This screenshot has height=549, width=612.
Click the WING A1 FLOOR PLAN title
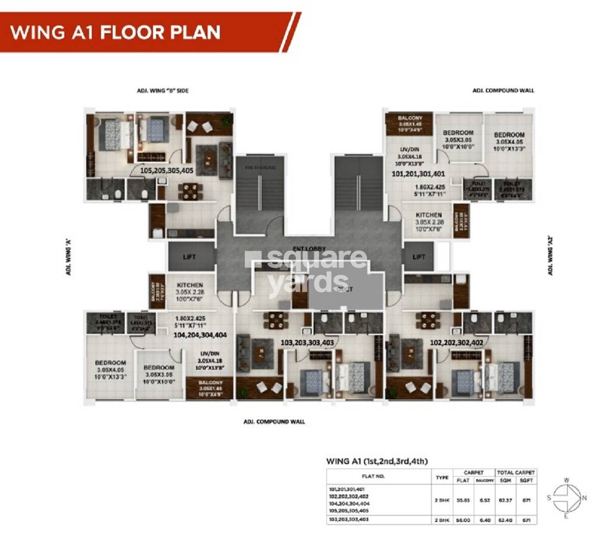point(115,32)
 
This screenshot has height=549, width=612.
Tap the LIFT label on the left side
point(189,257)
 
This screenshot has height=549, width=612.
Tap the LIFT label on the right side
point(419,257)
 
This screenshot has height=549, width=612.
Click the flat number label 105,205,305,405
point(167,171)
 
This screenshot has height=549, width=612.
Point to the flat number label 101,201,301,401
point(418,174)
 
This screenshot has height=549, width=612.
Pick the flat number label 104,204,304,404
point(200,335)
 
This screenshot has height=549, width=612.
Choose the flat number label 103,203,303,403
point(307,343)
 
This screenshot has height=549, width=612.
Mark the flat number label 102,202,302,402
point(456,343)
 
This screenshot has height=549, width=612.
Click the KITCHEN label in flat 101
point(428,215)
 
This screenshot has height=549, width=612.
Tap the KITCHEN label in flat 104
point(190,285)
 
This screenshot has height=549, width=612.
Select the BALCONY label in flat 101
point(410,118)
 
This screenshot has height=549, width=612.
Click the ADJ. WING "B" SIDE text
point(163,91)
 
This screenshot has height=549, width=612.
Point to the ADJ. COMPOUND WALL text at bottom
point(274,422)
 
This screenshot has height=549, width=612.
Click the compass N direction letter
point(584,498)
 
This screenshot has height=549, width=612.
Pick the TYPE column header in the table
point(442,477)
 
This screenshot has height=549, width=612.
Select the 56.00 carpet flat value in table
point(463,520)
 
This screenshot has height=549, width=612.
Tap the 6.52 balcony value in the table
point(485,500)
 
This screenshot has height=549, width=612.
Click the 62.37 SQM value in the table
point(505,500)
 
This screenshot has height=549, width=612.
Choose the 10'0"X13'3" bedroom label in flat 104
point(111,377)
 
